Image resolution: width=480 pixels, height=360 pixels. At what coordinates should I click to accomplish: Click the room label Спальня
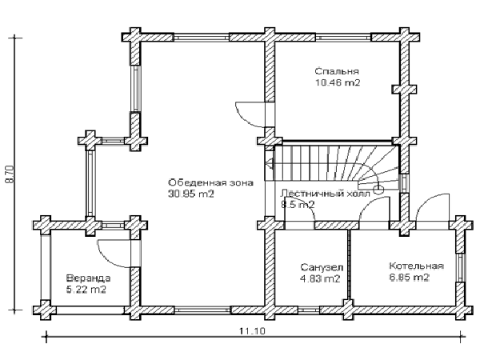click(x=337, y=71)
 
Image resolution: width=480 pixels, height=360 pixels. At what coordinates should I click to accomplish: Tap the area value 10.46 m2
click(x=338, y=82)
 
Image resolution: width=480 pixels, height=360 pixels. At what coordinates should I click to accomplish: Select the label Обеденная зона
click(x=210, y=182)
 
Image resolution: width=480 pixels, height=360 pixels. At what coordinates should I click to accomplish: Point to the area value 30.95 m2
click(x=190, y=194)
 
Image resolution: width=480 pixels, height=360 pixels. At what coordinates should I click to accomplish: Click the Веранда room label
click(x=89, y=278)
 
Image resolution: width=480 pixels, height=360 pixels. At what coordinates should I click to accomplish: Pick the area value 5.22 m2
click(x=86, y=290)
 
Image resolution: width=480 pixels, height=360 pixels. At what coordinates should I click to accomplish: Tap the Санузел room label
click(x=322, y=267)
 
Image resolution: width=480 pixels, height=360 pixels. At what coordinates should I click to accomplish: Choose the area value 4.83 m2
click(x=321, y=279)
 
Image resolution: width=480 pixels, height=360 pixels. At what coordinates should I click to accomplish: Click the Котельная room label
click(x=416, y=266)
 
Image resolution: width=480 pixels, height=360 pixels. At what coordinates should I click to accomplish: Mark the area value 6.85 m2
click(x=410, y=278)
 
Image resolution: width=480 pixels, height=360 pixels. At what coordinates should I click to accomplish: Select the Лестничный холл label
click(x=326, y=194)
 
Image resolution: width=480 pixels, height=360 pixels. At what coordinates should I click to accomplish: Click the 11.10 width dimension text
click(x=253, y=331)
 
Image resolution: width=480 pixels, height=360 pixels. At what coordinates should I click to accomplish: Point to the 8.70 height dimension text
click(x=10, y=174)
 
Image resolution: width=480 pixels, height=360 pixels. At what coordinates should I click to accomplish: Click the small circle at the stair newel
click(x=379, y=190)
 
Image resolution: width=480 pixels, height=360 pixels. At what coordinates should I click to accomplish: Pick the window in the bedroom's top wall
click(x=343, y=38)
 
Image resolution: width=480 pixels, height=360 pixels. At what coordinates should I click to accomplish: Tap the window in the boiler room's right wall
click(x=460, y=267)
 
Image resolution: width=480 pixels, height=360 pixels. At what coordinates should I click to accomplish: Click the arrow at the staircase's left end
click(x=270, y=163)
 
